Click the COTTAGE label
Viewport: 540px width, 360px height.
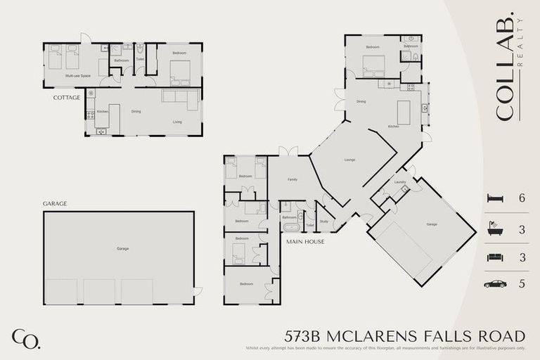pyautogui.click(x=66, y=98)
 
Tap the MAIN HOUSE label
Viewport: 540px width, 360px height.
pyautogui.click(x=304, y=241)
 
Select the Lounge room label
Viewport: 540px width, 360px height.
pyautogui.click(x=349, y=160)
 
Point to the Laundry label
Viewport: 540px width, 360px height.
pyautogui.click(x=400, y=182)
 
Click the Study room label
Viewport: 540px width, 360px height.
pyautogui.click(x=323, y=221)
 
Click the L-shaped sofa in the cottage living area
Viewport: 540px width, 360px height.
pyautogui.click(x=179, y=99)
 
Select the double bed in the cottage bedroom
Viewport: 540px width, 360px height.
pyautogui.click(x=179, y=69)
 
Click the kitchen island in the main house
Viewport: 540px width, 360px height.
pyautogui.click(x=404, y=112)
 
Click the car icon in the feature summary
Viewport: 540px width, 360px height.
pyautogui.click(x=495, y=284)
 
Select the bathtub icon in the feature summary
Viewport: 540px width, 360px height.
pyautogui.click(x=495, y=229)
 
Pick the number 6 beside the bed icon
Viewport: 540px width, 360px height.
pyautogui.click(x=522, y=199)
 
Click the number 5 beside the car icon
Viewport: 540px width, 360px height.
pyautogui.click(x=522, y=284)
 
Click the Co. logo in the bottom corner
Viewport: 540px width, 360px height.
pyautogui.click(x=25, y=338)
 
